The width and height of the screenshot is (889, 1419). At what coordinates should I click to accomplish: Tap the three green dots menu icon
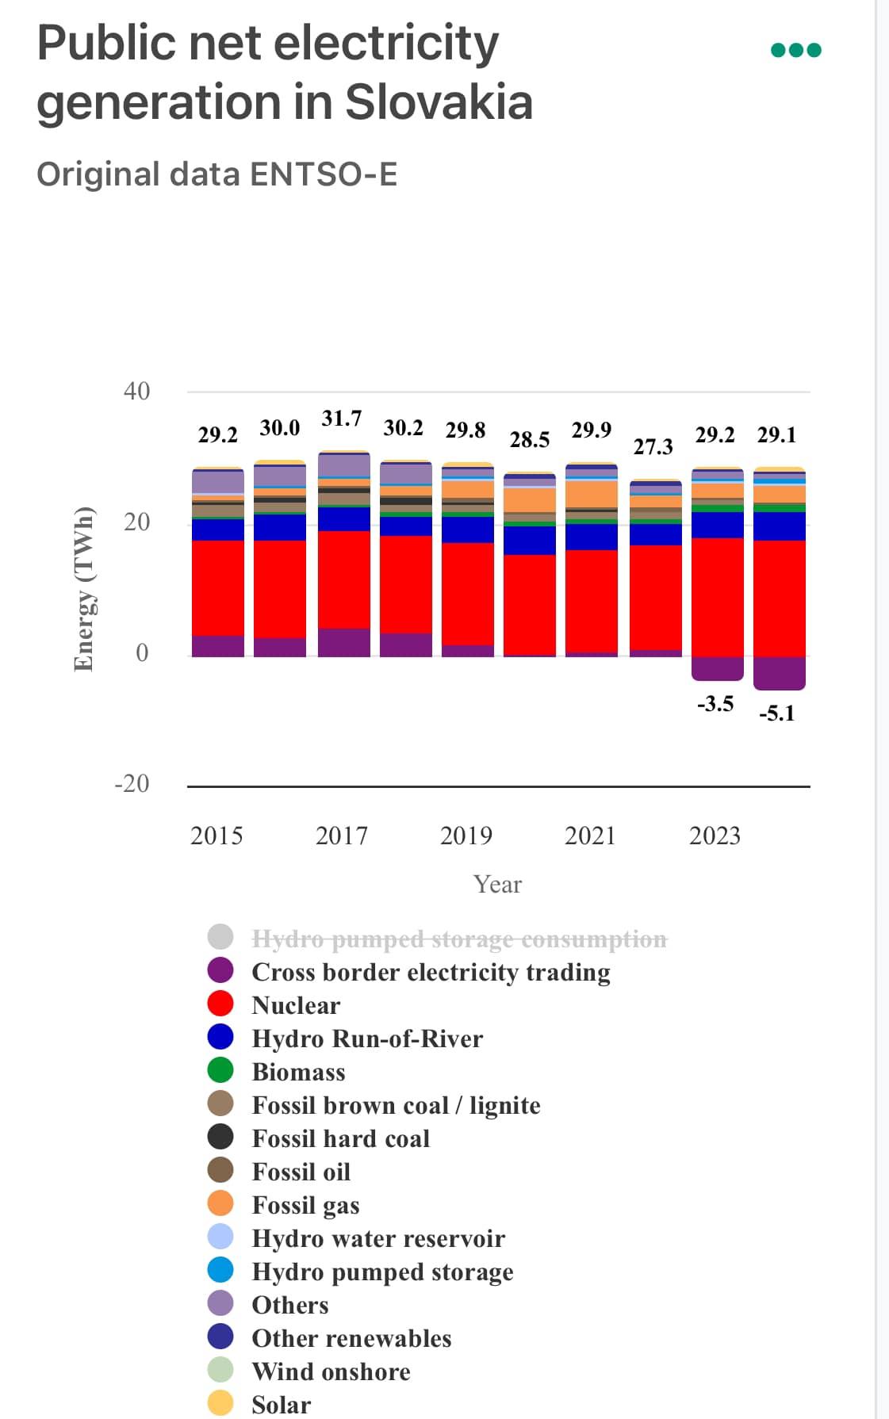[795, 50]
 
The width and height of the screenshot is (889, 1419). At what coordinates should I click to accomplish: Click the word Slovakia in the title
[439, 102]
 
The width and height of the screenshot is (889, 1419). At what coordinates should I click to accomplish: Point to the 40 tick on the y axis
[136, 391]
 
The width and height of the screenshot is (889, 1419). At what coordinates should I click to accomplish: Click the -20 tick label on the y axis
[132, 783]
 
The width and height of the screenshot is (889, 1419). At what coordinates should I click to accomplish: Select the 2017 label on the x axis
[341, 836]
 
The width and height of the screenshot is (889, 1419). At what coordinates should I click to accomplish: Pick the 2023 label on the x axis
[715, 836]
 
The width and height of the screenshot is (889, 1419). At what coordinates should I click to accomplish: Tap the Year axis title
[497, 884]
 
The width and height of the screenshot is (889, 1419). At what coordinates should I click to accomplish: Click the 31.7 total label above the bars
[341, 419]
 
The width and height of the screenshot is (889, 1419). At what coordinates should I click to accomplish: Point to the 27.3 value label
[653, 447]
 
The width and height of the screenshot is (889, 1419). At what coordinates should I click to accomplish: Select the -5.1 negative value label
[776, 713]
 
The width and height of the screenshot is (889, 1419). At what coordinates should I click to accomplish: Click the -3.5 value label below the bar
[715, 704]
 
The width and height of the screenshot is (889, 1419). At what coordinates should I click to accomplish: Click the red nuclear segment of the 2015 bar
[217, 587]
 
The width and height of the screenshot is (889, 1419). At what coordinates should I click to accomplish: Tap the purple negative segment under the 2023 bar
[717, 668]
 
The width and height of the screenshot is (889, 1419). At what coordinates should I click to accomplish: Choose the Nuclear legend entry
[295, 1005]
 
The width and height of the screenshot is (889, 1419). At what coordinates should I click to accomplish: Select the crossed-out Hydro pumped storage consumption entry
[458, 939]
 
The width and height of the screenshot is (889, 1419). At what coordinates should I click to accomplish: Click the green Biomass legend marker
[220, 1070]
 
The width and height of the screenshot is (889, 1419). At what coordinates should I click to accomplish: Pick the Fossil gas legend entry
[305, 1205]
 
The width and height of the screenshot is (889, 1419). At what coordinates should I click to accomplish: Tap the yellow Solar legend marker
[220, 1403]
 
